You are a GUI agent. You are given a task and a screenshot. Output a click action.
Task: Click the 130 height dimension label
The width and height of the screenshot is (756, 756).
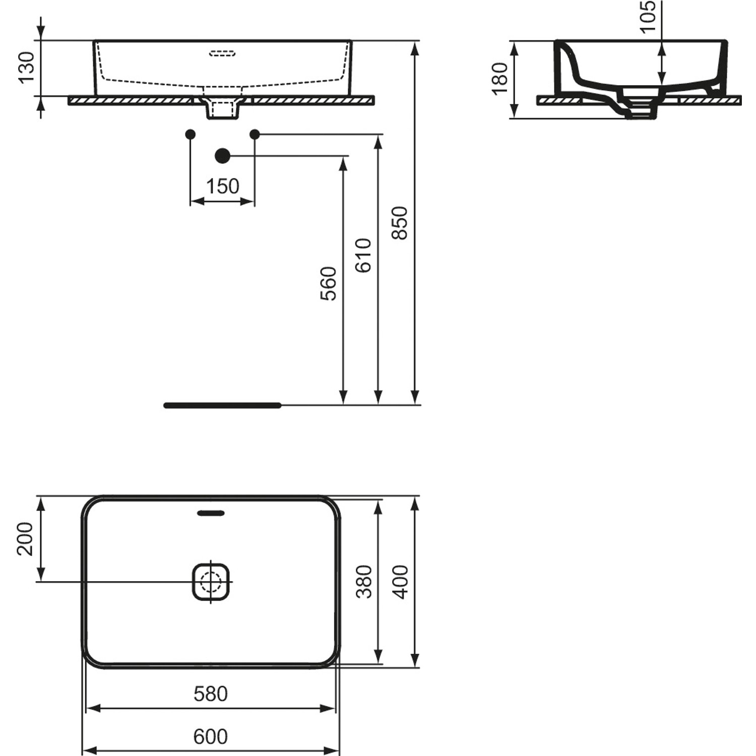pyautogui.click(x=26, y=67)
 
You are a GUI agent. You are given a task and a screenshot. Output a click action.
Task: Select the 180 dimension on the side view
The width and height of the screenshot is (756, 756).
pyautogui.click(x=500, y=78)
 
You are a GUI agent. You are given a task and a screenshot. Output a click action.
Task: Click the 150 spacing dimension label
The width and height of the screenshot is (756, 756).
pyautogui.click(x=222, y=186)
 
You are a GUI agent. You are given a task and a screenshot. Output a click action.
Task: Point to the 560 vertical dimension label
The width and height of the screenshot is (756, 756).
pyautogui.click(x=329, y=283)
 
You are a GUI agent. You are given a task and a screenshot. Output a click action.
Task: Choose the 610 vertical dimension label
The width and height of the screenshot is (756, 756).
pyautogui.click(x=363, y=256)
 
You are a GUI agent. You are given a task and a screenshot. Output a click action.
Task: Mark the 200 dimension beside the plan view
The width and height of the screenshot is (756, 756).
pyautogui.click(x=25, y=539)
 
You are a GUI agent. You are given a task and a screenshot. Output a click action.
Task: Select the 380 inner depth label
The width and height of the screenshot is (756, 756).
pyautogui.click(x=364, y=582)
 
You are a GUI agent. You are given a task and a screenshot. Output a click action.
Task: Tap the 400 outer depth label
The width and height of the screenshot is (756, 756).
pyautogui.click(x=401, y=582)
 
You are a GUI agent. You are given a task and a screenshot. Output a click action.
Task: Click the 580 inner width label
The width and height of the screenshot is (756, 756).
pyautogui.click(x=211, y=694)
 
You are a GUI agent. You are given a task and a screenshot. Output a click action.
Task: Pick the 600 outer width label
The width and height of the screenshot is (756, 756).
pyautogui.click(x=211, y=737)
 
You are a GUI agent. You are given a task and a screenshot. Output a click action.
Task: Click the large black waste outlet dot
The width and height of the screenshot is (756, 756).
pyautogui.click(x=222, y=156)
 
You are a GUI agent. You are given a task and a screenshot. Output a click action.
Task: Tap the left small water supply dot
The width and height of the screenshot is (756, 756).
pyautogui.click(x=190, y=134)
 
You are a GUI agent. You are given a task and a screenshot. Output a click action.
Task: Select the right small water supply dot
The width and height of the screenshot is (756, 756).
pyautogui.click(x=255, y=134)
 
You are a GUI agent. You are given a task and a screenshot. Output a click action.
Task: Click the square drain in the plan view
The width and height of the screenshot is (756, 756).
pyautogui.click(x=211, y=582)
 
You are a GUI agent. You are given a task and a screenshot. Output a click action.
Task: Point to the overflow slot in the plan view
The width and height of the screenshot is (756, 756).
pyautogui.click(x=211, y=513)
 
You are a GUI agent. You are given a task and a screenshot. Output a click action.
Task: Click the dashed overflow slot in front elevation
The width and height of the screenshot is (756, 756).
pyautogui.click(x=222, y=52)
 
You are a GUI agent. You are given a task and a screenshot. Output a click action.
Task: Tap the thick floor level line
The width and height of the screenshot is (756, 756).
pyautogui.click(x=222, y=405)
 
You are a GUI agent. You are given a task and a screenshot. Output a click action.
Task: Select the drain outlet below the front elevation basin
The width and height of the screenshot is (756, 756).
pyautogui.click(x=222, y=109)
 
